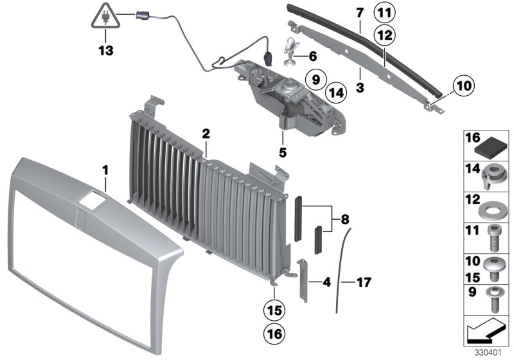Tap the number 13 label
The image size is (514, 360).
103,48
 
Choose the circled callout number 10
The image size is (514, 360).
465,84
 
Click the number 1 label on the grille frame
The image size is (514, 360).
106,170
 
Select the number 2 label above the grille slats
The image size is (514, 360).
206,134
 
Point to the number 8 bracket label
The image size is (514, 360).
345,219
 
